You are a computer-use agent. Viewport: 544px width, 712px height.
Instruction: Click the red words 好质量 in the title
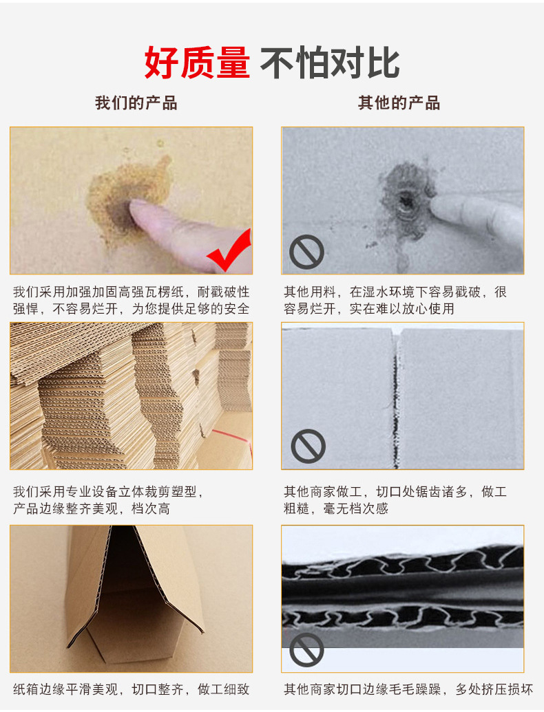pos(197,63)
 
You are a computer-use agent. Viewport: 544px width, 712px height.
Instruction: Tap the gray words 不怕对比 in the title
pos(330,63)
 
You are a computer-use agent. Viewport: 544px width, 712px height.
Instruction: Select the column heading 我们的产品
pos(136,103)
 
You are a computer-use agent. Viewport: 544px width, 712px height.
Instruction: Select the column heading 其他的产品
pos(399,103)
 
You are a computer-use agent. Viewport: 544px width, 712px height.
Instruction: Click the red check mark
pos(229,250)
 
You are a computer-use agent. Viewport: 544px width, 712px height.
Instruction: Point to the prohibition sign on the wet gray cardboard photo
pos(306,252)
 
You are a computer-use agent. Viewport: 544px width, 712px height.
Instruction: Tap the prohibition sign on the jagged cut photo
pos(308,446)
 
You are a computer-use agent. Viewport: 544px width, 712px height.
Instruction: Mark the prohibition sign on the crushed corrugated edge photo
pos(306,650)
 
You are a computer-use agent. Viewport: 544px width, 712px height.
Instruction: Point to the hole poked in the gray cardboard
pos(404,199)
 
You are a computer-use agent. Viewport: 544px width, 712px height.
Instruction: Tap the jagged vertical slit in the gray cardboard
pos(395,400)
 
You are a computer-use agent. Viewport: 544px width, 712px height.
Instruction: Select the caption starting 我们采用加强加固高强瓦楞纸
pos(131,300)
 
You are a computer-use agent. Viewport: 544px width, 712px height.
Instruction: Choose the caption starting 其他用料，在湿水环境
pos(395,300)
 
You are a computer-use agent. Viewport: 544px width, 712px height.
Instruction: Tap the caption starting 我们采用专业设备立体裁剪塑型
pos(109,500)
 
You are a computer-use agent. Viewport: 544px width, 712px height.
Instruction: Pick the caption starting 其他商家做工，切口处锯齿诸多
pos(395,500)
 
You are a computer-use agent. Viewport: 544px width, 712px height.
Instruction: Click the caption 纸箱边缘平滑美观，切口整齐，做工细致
pos(131,689)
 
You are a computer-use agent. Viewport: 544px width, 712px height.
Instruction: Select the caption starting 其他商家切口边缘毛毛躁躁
pos(408,689)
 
